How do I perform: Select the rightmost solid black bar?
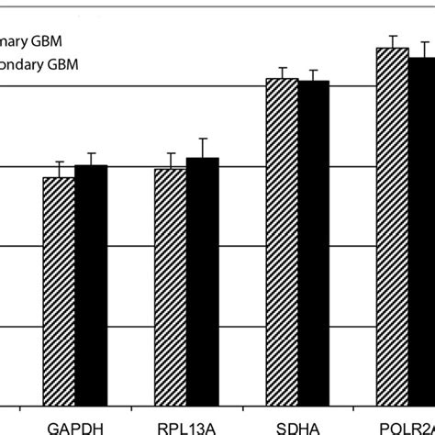(x=423, y=229)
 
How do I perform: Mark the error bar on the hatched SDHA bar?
(x=282, y=72)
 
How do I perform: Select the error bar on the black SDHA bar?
(x=314, y=74)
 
